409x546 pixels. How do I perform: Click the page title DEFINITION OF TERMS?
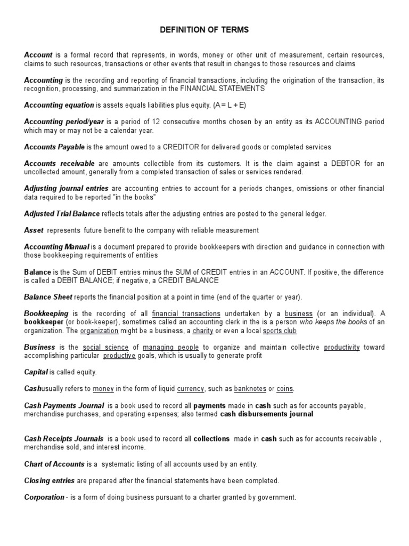[204, 30]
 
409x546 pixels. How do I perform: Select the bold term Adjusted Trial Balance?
[62, 214]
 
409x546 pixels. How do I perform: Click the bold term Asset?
[33, 230]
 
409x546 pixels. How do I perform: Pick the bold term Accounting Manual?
[57, 247]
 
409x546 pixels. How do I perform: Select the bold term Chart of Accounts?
[54, 464]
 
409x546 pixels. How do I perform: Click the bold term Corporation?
[44, 497]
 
